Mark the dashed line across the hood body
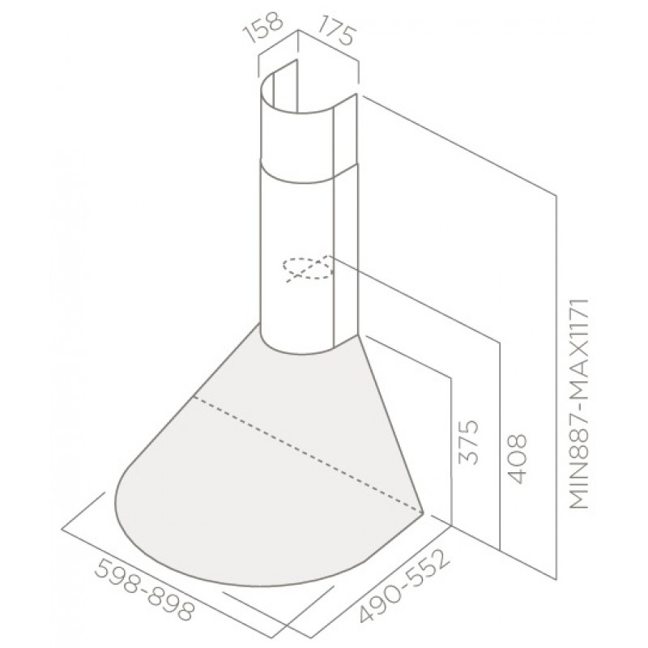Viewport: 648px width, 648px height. (308, 454)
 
